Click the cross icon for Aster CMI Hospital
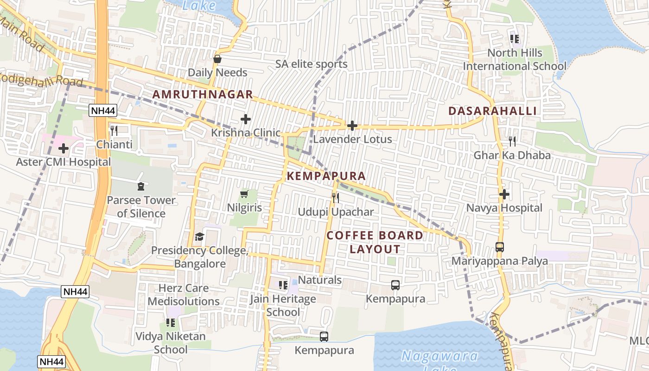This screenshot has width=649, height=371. [x=64, y=148]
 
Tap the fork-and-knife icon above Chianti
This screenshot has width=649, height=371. [x=114, y=130]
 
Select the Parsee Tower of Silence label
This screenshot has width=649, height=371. [x=141, y=207]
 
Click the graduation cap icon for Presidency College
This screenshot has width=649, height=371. [x=199, y=237]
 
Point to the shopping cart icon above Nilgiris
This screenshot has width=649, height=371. [x=244, y=194]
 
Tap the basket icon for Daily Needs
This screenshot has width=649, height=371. [x=217, y=59]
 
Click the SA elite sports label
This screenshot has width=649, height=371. [x=311, y=64]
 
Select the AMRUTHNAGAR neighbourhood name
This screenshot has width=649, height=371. [x=203, y=95]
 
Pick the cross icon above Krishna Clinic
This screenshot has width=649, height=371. [x=246, y=119]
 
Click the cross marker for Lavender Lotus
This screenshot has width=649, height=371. [x=352, y=125]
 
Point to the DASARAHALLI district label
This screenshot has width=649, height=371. [x=493, y=111]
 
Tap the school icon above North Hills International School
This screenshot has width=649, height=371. [x=515, y=38]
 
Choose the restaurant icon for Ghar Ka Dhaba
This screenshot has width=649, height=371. [x=512, y=141]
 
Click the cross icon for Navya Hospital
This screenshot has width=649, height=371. [x=504, y=194]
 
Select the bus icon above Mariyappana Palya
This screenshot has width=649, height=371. [x=500, y=247]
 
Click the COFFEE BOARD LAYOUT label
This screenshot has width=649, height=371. [x=375, y=242]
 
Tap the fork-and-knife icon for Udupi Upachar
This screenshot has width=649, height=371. [x=336, y=198]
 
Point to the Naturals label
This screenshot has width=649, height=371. [x=320, y=280]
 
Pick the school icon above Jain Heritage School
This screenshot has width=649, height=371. [x=283, y=285]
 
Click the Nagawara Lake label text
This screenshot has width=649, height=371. [x=439, y=356]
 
